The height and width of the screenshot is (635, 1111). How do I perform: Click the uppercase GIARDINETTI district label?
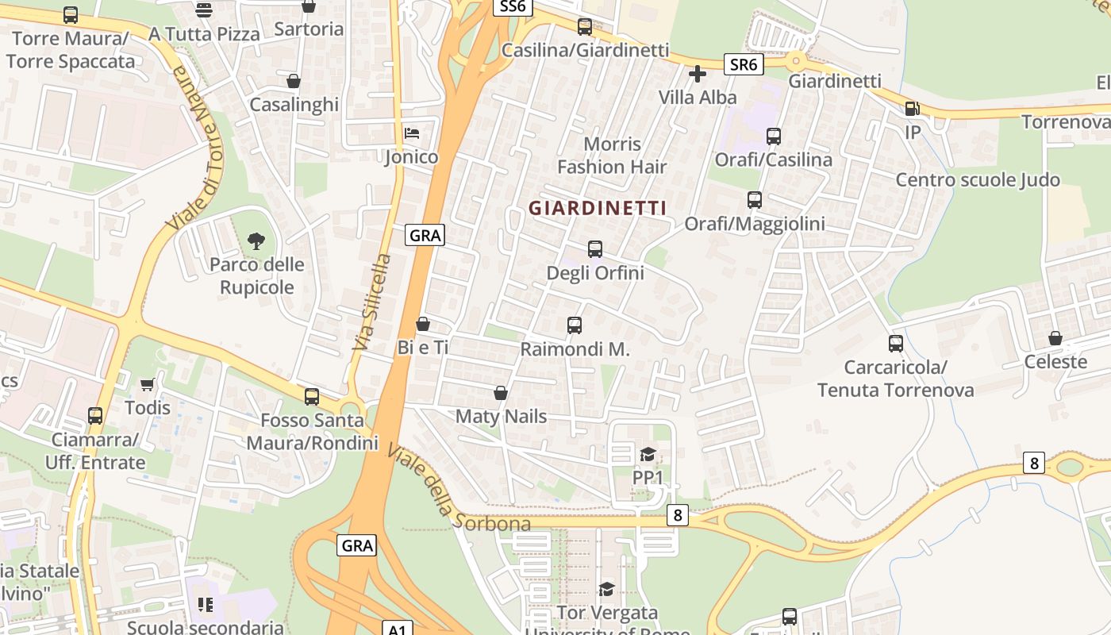[x=597, y=208]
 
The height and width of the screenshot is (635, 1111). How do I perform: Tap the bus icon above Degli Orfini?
[x=595, y=249]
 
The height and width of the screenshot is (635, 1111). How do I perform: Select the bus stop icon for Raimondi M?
[x=575, y=325]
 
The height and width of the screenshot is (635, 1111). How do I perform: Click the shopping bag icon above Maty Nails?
[x=501, y=393]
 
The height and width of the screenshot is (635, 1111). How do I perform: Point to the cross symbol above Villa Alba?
[x=698, y=75]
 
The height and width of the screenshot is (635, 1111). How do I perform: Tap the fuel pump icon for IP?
[x=913, y=109]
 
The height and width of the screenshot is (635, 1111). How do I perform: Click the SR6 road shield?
[x=744, y=64]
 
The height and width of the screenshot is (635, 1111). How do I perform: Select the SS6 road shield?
[x=513, y=6]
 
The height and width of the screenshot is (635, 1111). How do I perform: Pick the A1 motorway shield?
[x=398, y=629]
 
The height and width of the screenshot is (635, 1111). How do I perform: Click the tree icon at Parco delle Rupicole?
[x=256, y=241]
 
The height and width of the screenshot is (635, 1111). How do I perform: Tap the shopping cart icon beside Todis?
[x=147, y=385]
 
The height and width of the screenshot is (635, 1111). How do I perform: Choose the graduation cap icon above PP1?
[x=648, y=454]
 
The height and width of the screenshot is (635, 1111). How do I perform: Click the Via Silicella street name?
[x=371, y=302]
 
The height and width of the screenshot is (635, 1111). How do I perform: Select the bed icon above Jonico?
[x=411, y=133]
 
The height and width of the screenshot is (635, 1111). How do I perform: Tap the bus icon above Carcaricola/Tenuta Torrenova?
[x=896, y=344]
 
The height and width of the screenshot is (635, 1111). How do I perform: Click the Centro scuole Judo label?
[x=978, y=180]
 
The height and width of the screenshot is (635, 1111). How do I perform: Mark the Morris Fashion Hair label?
[x=612, y=156]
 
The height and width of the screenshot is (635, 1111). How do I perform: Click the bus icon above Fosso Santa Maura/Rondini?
[x=312, y=396]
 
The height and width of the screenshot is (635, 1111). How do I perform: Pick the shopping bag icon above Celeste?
[x=1055, y=338]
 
